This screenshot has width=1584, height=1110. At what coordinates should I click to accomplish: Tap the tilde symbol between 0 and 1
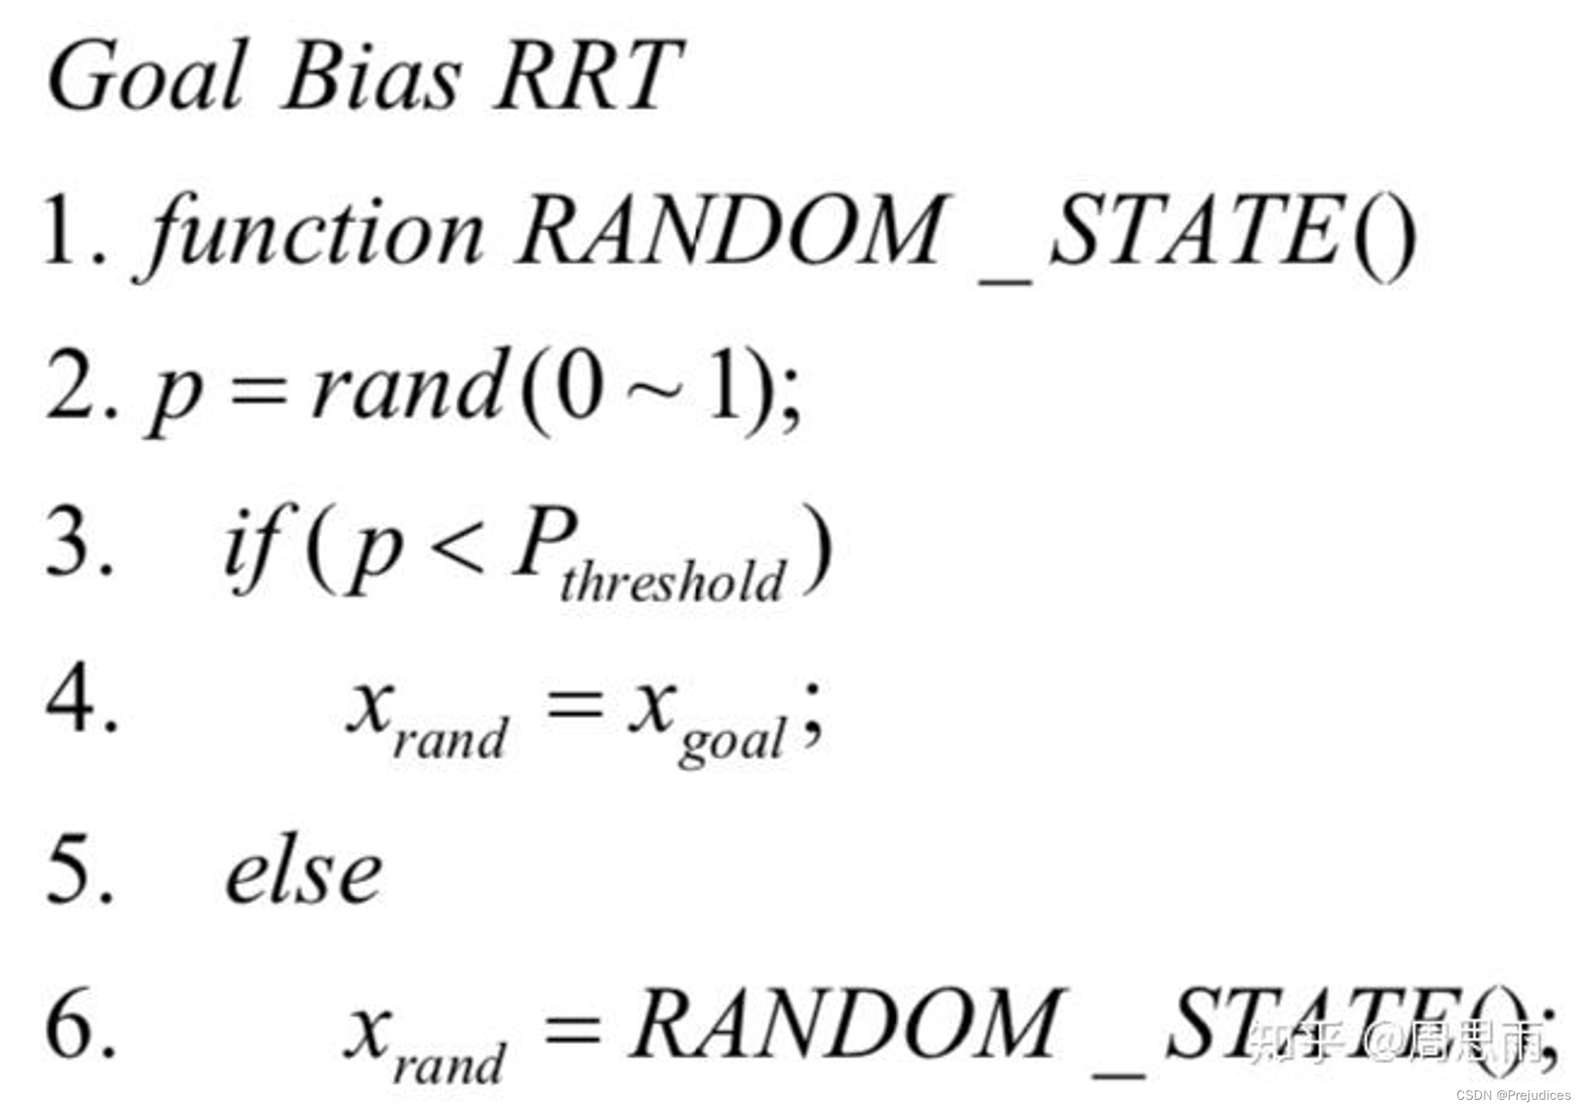[654, 389]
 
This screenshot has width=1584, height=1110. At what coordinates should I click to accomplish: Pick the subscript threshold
[672, 582]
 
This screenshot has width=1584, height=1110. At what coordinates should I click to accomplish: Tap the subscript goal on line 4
[732, 740]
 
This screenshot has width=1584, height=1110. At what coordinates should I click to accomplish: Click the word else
[303, 873]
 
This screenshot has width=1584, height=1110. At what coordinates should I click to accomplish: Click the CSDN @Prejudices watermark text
[1513, 1095]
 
